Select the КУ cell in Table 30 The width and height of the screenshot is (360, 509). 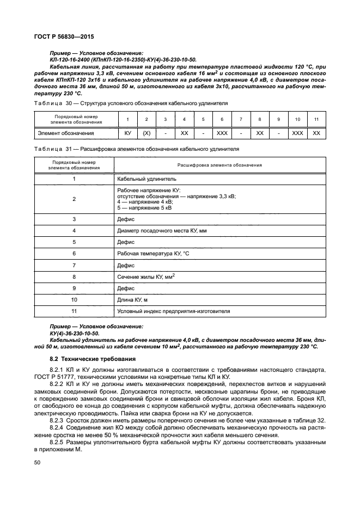tap(127, 133)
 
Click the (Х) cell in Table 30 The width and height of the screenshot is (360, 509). tap(146, 133)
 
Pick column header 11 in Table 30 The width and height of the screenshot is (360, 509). tap(316, 119)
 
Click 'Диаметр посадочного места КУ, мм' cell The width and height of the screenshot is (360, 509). tap(161, 231)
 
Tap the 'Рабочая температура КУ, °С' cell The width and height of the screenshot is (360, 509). tap(153, 254)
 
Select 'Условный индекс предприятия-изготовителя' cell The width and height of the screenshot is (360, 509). tap(174, 311)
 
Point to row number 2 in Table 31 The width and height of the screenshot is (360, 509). tap(74, 199)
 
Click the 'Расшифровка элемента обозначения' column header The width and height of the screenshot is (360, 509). tap(219, 164)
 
